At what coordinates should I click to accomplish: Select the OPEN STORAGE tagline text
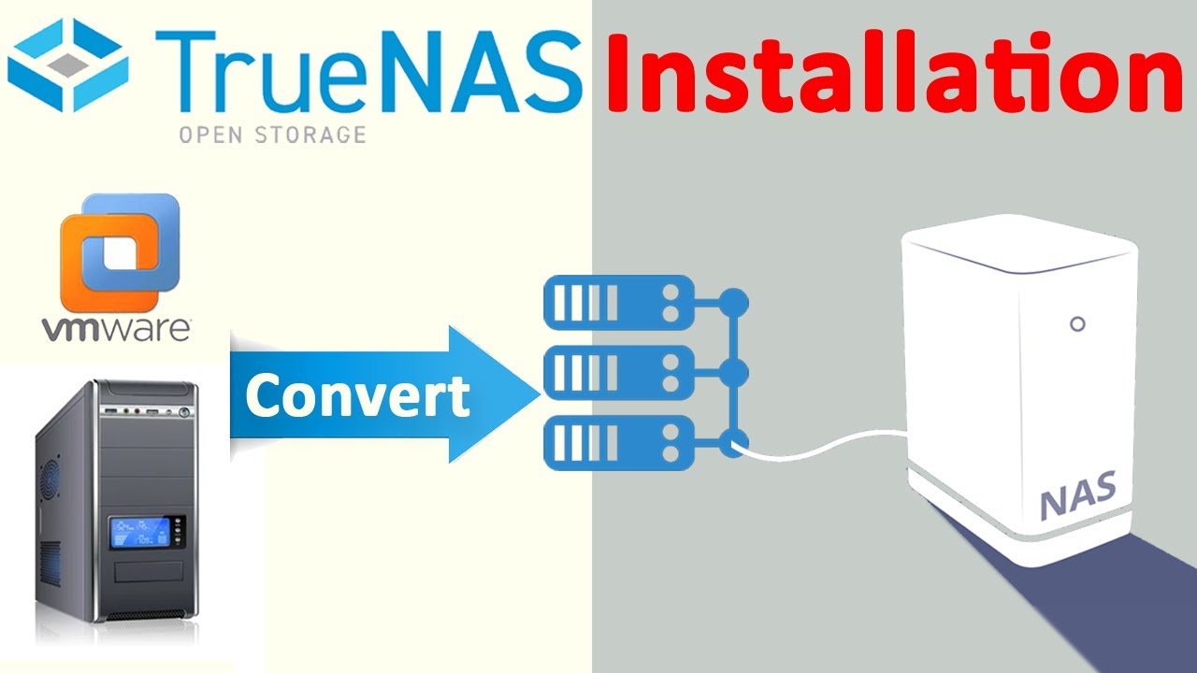(x=271, y=135)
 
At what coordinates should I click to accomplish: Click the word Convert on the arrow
(x=357, y=395)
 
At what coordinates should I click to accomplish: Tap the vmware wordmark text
(x=117, y=329)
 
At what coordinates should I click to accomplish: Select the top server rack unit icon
(x=619, y=302)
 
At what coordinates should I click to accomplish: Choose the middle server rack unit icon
(x=619, y=372)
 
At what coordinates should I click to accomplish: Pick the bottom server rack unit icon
(x=619, y=442)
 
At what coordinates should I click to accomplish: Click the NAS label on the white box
(x=1078, y=496)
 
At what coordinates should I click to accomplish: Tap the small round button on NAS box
(x=1077, y=324)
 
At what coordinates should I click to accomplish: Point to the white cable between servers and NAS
(x=823, y=446)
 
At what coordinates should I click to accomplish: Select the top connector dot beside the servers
(x=734, y=302)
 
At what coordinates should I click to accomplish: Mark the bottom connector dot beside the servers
(x=734, y=442)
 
